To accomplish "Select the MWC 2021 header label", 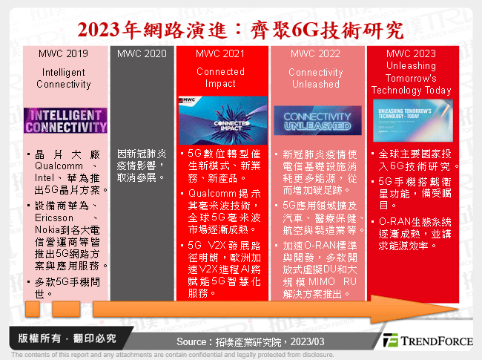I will tap(220, 53).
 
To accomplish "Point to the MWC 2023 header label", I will tap(410, 53).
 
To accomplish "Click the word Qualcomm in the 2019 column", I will tap(54, 168).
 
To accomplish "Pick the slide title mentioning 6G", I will tap(241, 30).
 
